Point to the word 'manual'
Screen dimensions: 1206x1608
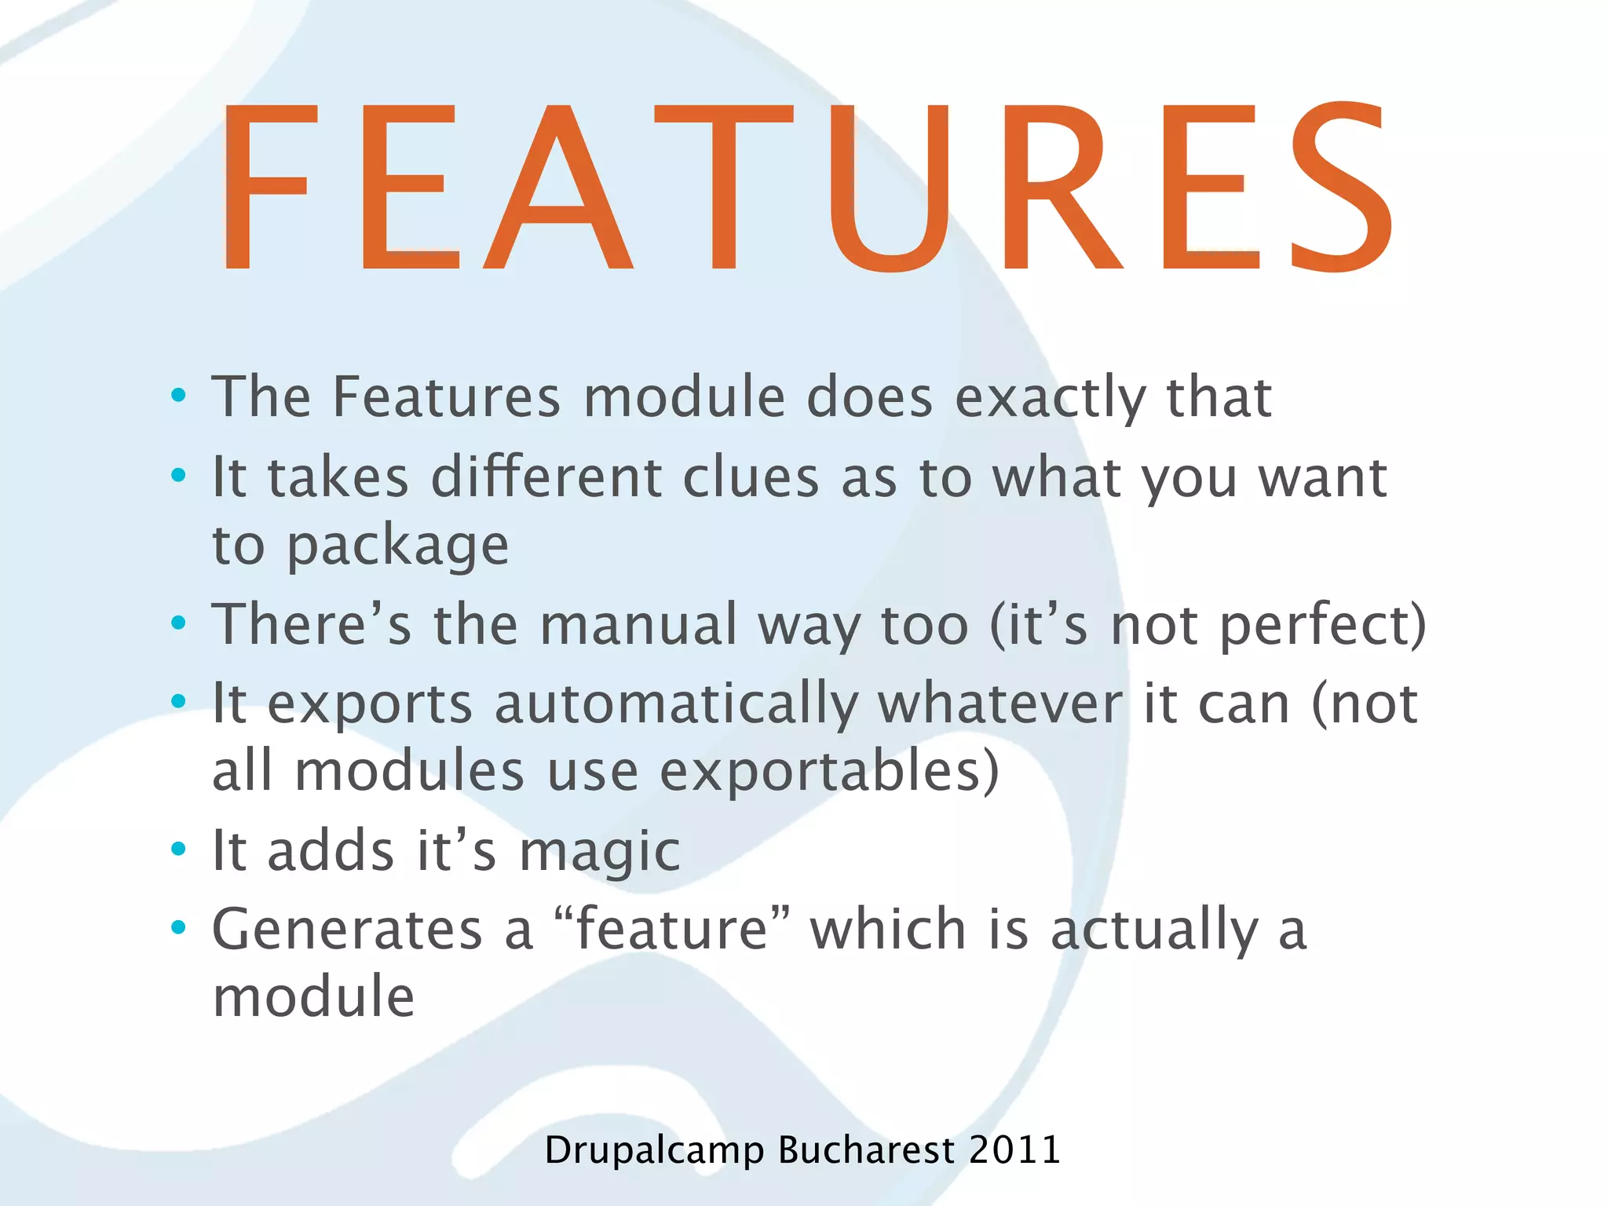pos(638,625)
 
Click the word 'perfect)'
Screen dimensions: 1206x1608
pos(1322,625)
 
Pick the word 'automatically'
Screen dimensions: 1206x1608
pos(676,704)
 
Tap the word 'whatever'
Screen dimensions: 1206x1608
pos(1000,703)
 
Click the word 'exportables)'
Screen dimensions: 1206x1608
pos(829,771)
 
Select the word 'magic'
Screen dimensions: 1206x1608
pos(600,852)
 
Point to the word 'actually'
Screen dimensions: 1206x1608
pos(1154,930)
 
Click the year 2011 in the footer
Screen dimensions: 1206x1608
pos(1014,1150)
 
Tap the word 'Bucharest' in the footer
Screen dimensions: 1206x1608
pos(866,1150)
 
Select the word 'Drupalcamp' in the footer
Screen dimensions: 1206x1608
pos(653,1151)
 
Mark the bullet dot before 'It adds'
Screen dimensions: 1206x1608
pos(179,849)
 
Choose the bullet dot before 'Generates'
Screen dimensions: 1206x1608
pos(179,927)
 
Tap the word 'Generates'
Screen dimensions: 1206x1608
pos(347,930)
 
